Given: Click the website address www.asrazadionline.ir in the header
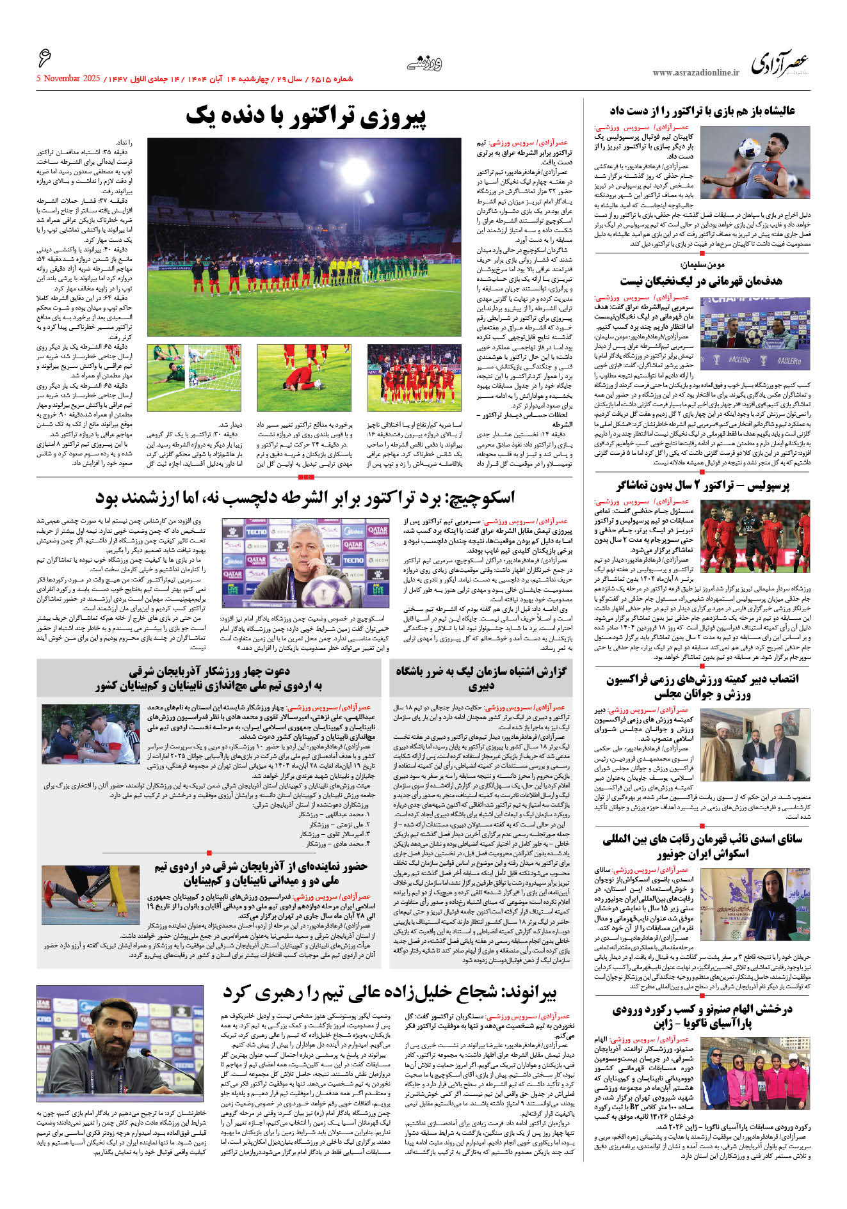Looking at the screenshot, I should (695, 73).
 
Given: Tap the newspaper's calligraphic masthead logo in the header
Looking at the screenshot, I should (779, 65).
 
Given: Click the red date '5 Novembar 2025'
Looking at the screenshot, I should (68, 79).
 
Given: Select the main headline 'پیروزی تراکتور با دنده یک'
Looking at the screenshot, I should (305, 117).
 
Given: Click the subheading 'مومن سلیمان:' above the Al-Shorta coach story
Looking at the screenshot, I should (702, 264).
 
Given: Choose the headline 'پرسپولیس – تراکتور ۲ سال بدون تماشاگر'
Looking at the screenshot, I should (702, 486).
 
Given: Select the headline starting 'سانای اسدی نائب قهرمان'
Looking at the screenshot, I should (702, 846).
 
